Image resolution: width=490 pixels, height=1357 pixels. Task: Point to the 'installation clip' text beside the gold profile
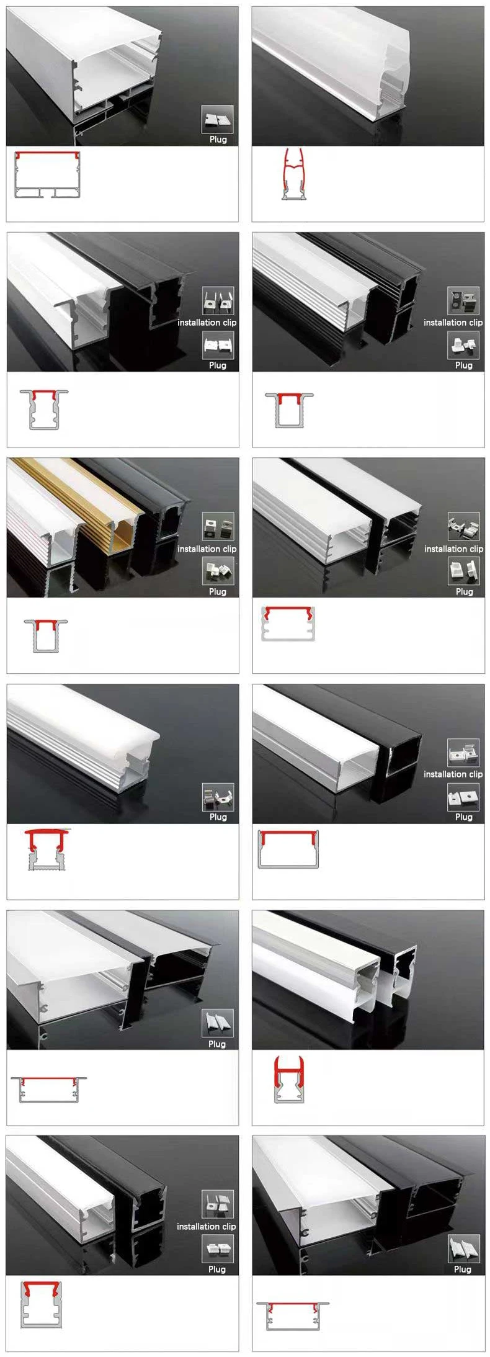(207, 549)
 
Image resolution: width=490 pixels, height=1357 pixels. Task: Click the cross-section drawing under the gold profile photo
(46, 635)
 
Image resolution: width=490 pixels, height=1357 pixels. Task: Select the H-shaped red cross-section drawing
(289, 1080)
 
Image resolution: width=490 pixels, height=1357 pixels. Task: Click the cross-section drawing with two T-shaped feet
(47, 175)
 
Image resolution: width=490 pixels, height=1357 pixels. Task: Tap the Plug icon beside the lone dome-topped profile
(218, 797)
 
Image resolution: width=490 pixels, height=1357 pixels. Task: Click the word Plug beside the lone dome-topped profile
(218, 817)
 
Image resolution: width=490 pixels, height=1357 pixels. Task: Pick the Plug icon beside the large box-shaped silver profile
(217, 119)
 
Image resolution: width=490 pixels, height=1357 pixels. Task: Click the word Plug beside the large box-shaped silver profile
(218, 139)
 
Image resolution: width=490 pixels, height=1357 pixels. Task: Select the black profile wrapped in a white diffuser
(400, 974)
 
